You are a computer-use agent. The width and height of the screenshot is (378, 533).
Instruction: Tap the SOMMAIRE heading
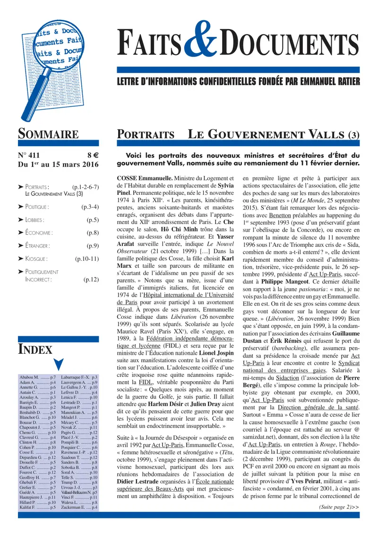48,133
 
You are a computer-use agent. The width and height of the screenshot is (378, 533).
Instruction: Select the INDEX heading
35,350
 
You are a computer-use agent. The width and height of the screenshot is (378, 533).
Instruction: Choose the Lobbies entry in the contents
34,220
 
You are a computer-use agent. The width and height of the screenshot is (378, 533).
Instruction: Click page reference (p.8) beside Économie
92,233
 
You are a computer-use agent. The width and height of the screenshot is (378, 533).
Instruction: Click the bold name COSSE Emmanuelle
144,178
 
